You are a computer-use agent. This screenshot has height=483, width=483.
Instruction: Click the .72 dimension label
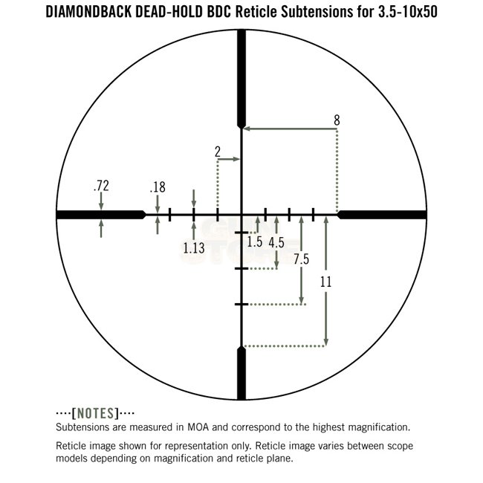101,186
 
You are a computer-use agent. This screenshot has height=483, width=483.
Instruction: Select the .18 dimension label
158,187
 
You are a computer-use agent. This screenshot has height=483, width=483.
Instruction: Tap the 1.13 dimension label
194,248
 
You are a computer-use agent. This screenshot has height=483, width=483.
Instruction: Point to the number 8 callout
337,120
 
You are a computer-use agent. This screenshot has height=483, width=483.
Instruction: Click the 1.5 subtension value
255,241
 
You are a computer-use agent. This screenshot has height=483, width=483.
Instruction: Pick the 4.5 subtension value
276,243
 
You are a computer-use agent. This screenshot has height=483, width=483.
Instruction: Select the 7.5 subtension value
301,259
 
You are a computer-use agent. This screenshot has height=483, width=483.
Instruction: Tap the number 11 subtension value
326,282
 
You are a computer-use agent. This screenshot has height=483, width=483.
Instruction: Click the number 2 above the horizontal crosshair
218,152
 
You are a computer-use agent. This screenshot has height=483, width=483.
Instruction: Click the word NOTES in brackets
95,413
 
